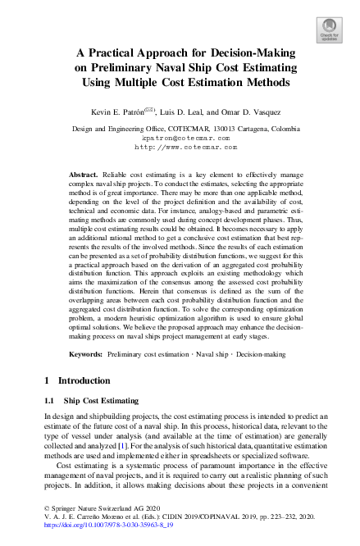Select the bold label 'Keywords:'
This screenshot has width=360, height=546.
(86, 353)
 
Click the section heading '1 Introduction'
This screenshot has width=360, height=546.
(77, 381)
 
